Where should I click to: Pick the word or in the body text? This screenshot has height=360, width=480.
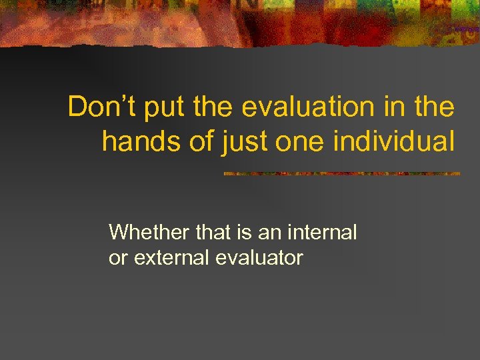(x=118, y=257)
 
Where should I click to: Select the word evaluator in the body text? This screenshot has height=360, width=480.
(x=259, y=257)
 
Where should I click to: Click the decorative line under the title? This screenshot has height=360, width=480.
(x=341, y=173)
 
